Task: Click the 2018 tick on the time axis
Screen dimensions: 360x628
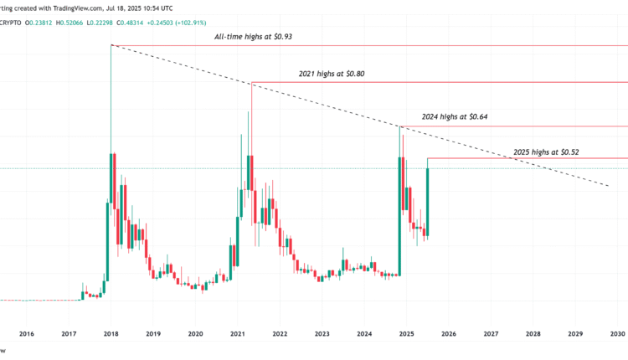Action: pyautogui.click(x=111, y=333)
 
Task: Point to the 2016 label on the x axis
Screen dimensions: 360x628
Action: pyautogui.click(x=26, y=333)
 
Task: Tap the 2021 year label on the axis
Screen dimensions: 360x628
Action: pyautogui.click(x=237, y=333)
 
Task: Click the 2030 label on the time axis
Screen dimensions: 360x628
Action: pyautogui.click(x=618, y=333)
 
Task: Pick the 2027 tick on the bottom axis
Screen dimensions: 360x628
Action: pyautogui.click(x=491, y=333)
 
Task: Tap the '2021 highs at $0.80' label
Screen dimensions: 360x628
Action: pyautogui.click(x=332, y=74)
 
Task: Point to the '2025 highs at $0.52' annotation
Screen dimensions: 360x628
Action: pyautogui.click(x=546, y=152)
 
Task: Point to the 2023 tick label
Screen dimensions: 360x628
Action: pyautogui.click(x=322, y=333)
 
